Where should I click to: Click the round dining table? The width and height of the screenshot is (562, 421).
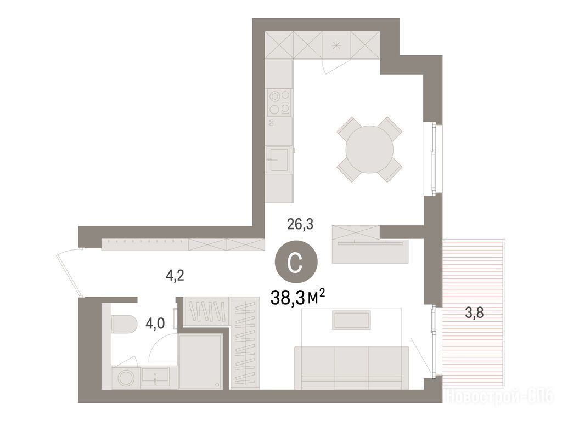(x=369, y=149)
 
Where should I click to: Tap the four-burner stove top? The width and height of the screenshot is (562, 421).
(x=279, y=103)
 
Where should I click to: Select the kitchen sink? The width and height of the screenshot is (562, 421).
(x=277, y=160)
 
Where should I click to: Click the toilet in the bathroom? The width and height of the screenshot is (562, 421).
(x=124, y=323)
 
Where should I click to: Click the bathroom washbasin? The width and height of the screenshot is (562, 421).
(x=155, y=377)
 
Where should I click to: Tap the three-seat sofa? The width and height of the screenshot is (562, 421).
(x=351, y=367)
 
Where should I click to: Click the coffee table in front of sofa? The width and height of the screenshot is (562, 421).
(x=351, y=320)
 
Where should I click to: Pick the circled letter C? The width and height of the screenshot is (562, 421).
(x=296, y=263)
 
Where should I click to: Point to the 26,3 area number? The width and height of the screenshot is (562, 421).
(x=300, y=224)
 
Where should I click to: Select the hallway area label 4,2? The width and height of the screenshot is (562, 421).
(x=175, y=275)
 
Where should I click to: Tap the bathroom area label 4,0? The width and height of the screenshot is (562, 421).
(x=155, y=323)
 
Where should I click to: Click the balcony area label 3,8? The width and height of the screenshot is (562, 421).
(x=474, y=312)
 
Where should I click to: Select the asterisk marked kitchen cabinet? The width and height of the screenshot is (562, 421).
(x=336, y=45)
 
